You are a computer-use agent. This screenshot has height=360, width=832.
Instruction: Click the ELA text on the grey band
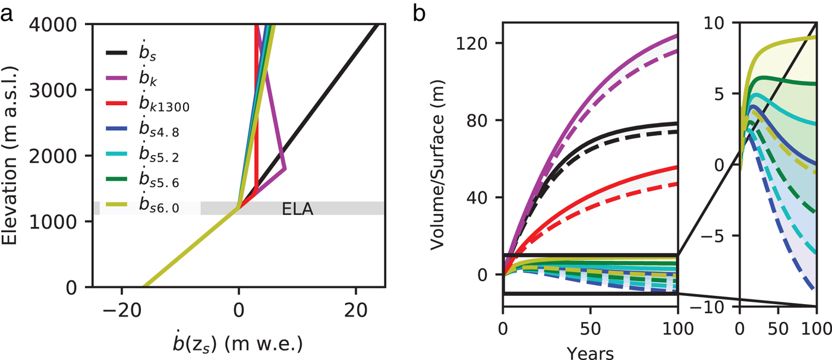pyautogui.click(x=297, y=209)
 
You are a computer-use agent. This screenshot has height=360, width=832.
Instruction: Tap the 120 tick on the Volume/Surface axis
pyautogui.click(x=480, y=43)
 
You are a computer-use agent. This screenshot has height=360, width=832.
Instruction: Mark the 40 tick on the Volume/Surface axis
pyautogui.click(x=484, y=197)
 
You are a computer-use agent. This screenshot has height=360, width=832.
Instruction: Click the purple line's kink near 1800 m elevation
pyautogui.click(x=286, y=169)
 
